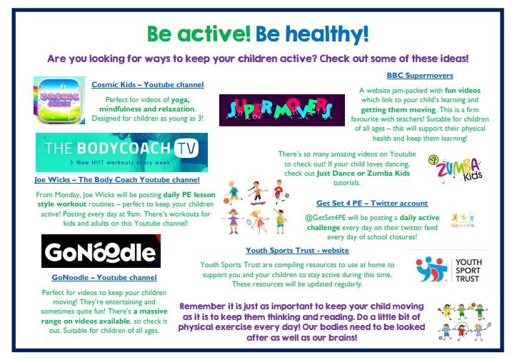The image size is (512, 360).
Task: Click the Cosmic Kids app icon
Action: [59, 100]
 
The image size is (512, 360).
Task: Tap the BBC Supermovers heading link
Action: [420, 76]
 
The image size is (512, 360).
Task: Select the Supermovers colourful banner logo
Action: [282, 110]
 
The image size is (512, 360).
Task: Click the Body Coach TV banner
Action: [121, 152]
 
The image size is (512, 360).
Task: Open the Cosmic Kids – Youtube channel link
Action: [148, 84]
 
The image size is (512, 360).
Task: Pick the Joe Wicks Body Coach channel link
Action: [117, 180]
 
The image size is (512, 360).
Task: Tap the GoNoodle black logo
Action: [101, 251]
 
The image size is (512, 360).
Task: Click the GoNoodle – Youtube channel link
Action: [104, 277]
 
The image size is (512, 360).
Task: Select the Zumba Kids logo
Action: [456, 169]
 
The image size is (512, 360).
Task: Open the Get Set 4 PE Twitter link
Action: [372, 203]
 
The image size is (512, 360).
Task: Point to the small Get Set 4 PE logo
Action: [463, 220]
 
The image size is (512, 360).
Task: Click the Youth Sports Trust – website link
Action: [297, 250]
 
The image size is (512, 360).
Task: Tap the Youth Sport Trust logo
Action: [448, 270]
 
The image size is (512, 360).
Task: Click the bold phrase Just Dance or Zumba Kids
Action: [363, 173]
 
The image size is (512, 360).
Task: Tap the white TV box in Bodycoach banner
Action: [186, 149]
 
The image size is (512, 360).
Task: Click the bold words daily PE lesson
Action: [189, 195]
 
